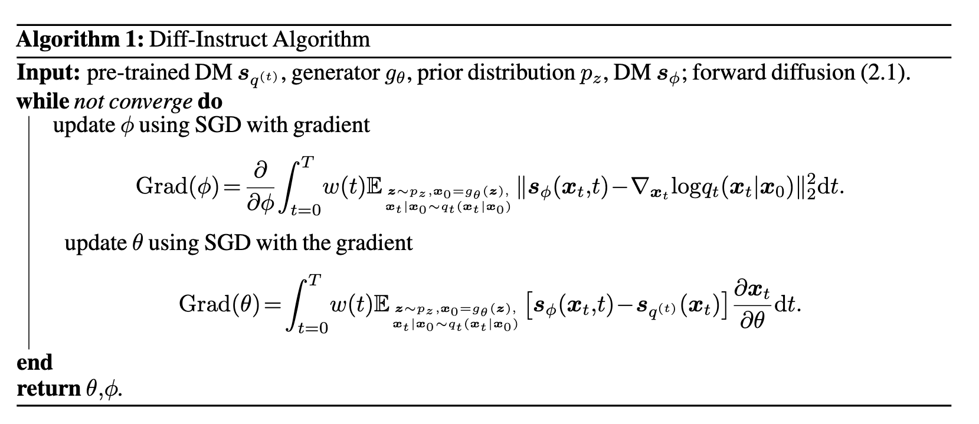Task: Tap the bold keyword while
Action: [42, 101]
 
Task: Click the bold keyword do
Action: [209, 101]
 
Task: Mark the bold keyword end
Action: [35, 362]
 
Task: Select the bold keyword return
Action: [48, 389]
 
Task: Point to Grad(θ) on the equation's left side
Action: [222, 304]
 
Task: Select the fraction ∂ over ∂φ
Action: [260, 188]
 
